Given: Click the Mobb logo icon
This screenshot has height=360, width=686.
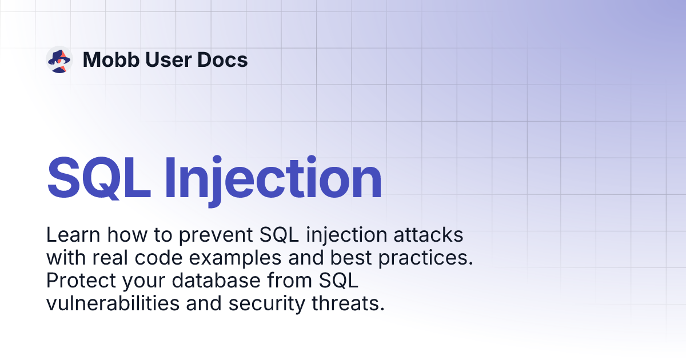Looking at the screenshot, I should pos(59,59).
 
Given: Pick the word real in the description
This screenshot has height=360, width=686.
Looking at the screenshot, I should pos(118,258).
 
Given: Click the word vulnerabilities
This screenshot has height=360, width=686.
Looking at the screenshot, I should pos(112,304).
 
